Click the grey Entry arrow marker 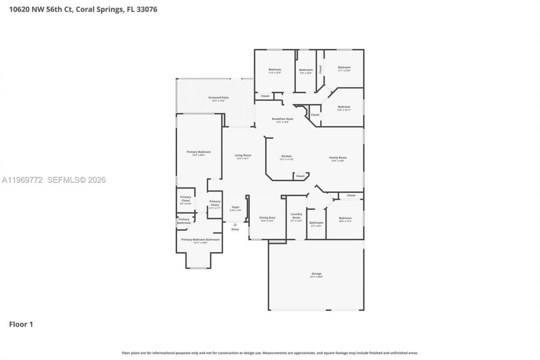point(235,225)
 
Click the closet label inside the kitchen point(300,176)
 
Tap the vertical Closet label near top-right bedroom point(320,69)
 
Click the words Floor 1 point(21,324)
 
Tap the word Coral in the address point(87,9)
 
